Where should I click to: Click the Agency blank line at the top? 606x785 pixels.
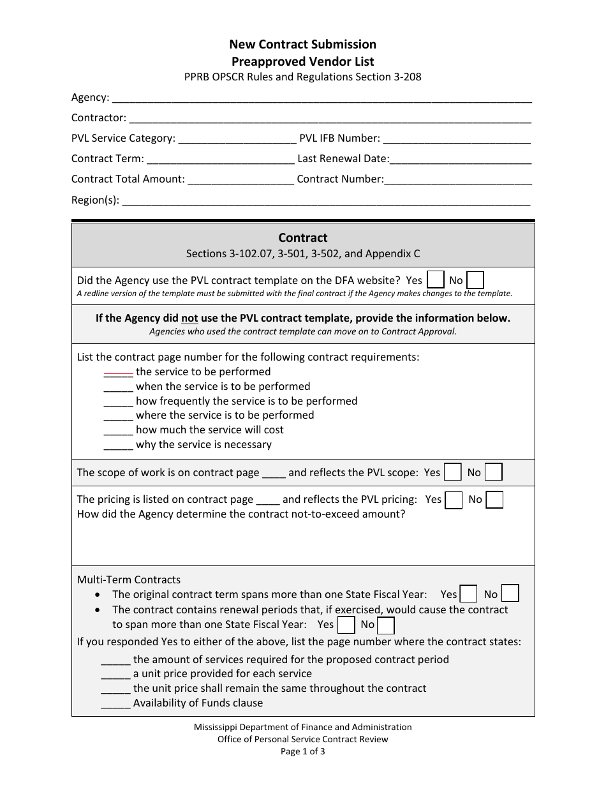click(321, 99)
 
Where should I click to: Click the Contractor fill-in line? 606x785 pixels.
click(330, 119)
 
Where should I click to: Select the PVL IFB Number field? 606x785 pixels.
click(457, 140)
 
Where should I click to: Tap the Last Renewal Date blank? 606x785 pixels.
click(461, 160)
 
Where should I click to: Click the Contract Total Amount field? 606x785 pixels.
click(240, 181)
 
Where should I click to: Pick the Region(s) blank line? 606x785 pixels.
click(325, 201)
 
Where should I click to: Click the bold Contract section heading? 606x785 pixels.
click(303, 237)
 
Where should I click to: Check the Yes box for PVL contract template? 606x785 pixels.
click(436, 280)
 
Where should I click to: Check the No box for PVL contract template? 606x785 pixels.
click(475, 280)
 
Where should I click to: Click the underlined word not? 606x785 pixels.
click(189, 318)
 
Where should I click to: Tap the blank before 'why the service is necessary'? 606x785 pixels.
click(118, 445)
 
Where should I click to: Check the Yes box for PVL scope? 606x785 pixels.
click(453, 472)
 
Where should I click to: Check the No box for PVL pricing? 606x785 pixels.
click(494, 500)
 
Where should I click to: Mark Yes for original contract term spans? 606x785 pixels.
click(469, 594)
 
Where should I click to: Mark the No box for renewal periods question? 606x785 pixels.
click(386, 625)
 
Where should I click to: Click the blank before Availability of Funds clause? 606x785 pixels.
click(115, 704)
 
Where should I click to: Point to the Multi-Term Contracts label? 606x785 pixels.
click(129, 579)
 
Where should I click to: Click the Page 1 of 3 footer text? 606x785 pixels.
click(303, 751)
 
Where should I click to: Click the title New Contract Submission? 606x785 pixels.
click(303, 44)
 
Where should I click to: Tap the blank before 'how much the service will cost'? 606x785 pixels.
click(118, 431)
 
